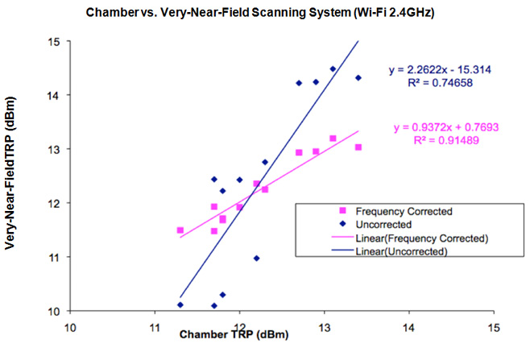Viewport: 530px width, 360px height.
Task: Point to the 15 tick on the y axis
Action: [54, 41]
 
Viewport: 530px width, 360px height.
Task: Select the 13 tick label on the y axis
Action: [54, 149]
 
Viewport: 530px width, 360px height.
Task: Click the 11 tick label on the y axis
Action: [54, 257]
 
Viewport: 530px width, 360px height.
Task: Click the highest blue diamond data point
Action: [333, 69]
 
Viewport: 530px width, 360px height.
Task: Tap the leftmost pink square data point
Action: [180, 230]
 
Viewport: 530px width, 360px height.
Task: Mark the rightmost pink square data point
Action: [358, 147]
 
